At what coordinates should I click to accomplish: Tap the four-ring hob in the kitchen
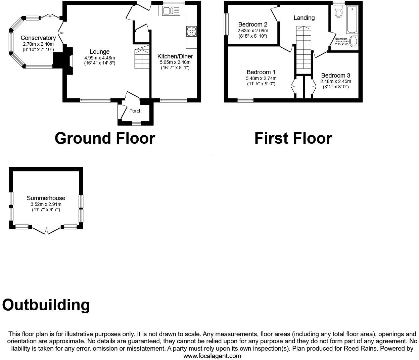pyautogui.click(x=192, y=31)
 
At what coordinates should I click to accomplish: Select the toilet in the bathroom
pyautogui.click(x=338, y=13)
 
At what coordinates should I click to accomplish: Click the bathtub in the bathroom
pyautogui.click(x=352, y=19)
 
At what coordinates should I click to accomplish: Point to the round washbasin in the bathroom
pyautogui.click(x=354, y=42)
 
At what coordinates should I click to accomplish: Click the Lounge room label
pyautogui.click(x=99, y=52)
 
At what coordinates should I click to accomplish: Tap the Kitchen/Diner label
pyautogui.click(x=175, y=56)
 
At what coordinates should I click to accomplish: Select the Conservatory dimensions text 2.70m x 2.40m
pyautogui.click(x=38, y=44)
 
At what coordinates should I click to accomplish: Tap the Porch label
pyautogui.click(x=136, y=111)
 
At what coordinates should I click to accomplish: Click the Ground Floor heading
pyautogui.click(x=104, y=138)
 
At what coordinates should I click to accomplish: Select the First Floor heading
pyautogui.click(x=293, y=138)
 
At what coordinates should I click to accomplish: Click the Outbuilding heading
pyautogui.click(x=46, y=305)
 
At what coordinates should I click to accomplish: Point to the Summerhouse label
pyautogui.click(x=46, y=198)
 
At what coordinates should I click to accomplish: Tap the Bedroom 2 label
pyautogui.click(x=252, y=25)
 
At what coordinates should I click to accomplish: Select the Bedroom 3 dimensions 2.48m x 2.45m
pyautogui.click(x=335, y=81)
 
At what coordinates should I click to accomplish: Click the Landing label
pyautogui.click(x=304, y=18)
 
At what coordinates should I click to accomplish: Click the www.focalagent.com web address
pyautogui.click(x=212, y=356)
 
